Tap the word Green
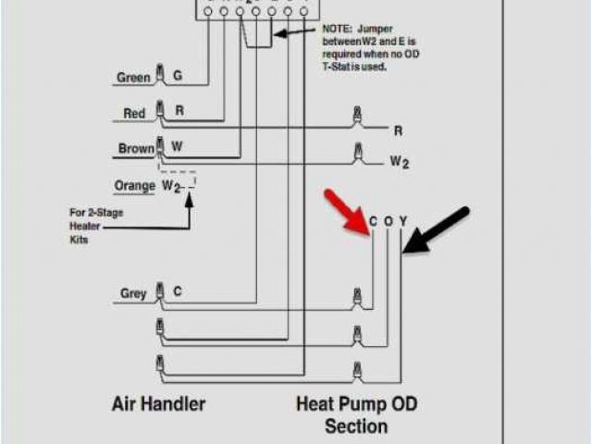[x=133, y=78]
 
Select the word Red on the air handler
[x=134, y=114]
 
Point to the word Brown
[x=136, y=148]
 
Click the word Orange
[x=134, y=185]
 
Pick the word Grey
[x=133, y=294]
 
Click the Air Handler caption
[x=158, y=403]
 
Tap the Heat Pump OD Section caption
[x=355, y=414]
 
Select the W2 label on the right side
[x=399, y=162]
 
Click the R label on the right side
[x=399, y=130]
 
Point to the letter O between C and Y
[x=388, y=221]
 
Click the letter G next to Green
[x=178, y=77]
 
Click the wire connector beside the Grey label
[x=161, y=291]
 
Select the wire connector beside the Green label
[x=161, y=74]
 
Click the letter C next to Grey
[x=178, y=292]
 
